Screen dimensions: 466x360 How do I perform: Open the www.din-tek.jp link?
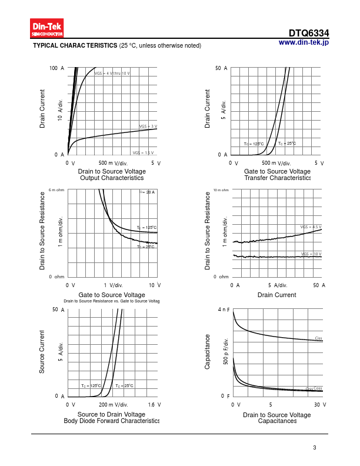coord(303,42)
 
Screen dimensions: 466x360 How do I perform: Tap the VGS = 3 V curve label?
coord(148,127)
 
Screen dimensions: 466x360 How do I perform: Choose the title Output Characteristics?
coord(112,178)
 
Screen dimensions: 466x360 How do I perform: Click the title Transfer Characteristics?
coord(277,178)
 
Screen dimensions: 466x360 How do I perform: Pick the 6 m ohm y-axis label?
coord(56,189)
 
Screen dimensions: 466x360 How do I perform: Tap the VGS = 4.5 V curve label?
coord(310,227)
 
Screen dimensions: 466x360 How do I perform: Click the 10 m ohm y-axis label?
coord(221,190)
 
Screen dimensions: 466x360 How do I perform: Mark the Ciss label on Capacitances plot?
coord(318,338)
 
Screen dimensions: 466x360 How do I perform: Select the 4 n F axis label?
coord(224,309)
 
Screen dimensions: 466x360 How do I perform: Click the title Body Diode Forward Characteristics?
coord(112,421)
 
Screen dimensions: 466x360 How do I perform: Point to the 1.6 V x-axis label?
coord(155,405)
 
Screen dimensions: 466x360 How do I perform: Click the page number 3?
coord(315,448)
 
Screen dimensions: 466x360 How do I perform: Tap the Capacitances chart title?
coord(276,421)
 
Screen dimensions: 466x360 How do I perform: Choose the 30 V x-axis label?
coord(320,405)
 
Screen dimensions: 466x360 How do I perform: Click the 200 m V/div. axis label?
coord(113,405)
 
